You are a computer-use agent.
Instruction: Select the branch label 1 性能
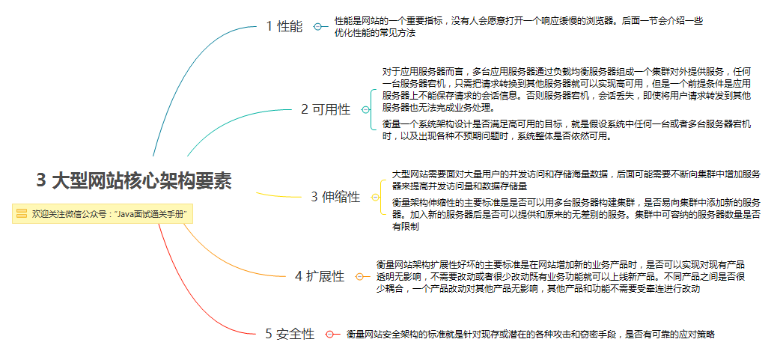284,27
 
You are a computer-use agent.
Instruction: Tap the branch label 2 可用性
326,109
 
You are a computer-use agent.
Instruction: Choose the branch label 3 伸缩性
335,198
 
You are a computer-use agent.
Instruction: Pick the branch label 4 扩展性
320,276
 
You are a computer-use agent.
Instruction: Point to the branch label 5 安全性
290,334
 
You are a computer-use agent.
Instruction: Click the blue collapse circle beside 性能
318,27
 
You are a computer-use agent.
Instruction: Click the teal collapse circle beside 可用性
365,110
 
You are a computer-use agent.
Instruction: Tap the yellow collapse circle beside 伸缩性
375,198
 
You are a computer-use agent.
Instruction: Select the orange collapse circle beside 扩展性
359,276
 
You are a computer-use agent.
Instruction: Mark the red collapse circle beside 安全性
330,335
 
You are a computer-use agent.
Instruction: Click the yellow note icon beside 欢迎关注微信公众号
22,213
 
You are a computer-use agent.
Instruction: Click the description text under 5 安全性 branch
530,335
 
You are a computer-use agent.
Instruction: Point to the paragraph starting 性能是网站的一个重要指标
518,27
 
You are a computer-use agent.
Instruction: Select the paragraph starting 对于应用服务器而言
567,90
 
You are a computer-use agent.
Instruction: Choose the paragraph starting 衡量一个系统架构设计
567,129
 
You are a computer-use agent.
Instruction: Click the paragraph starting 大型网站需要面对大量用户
576,180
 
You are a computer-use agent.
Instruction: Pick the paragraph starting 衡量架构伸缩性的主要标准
576,214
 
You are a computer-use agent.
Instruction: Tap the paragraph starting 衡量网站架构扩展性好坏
561,276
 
